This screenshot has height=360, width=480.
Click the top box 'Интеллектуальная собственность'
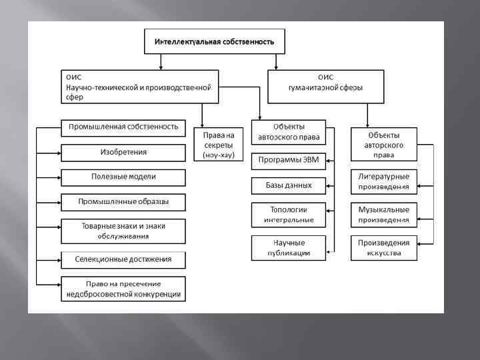(x=214, y=41)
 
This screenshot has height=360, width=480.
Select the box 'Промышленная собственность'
(x=123, y=127)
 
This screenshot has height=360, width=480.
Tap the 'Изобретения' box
(x=123, y=152)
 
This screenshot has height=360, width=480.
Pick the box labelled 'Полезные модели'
(x=123, y=177)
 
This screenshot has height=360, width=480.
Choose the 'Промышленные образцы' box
(x=123, y=202)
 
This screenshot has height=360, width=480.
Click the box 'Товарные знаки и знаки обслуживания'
(x=123, y=231)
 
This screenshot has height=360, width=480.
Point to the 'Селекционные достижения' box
(x=123, y=259)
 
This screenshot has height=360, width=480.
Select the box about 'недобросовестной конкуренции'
(x=123, y=289)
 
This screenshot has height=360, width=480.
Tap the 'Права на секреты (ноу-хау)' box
(x=219, y=144)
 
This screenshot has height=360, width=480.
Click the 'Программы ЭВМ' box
(x=288, y=161)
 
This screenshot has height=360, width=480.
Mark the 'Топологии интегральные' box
(x=288, y=214)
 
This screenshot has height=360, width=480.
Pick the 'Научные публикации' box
(x=288, y=247)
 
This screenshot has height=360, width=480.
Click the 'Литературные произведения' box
(x=384, y=181)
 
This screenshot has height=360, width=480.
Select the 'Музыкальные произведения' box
(x=384, y=214)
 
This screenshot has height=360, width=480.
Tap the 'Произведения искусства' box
(x=384, y=247)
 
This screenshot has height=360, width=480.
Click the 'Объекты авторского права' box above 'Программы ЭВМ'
(x=288, y=132)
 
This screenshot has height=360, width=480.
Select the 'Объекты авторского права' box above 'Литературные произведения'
(x=384, y=144)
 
